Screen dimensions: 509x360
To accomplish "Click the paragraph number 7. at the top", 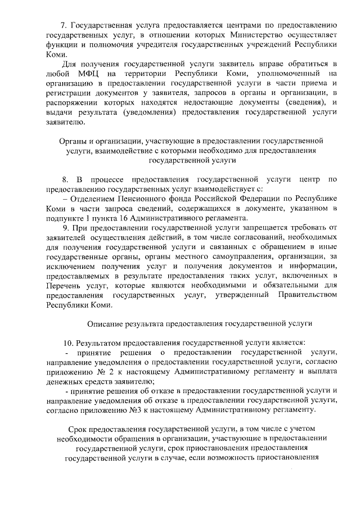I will pos(64,26).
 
